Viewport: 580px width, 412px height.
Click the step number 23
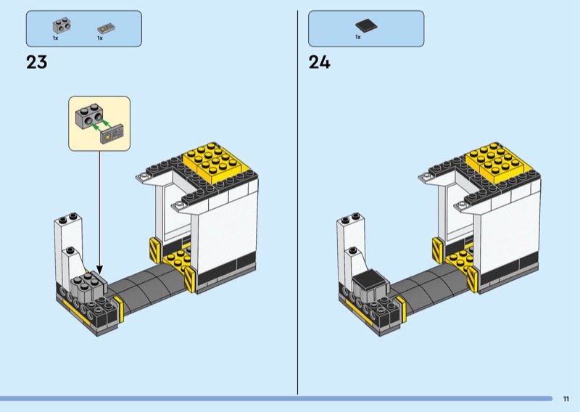pyautogui.click(x=37, y=62)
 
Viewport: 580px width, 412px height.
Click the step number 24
pyautogui.click(x=319, y=62)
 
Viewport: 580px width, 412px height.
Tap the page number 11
pyautogui.click(x=566, y=399)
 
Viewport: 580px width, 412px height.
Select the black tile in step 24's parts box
pyautogui.click(x=366, y=26)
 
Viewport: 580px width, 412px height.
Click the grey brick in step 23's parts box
pyautogui.click(x=62, y=26)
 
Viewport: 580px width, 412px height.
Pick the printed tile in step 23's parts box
pyautogui.click(x=106, y=29)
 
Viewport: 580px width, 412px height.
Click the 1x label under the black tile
pyautogui.click(x=357, y=37)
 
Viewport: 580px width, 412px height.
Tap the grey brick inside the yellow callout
pyautogui.click(x=89, y=116)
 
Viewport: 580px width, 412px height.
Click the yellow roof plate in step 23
pyautogui.click(x=214, y=162)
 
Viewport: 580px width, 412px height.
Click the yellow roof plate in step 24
pyautogui.click(x=497, y=162)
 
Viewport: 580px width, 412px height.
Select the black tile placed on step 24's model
pyautogui.click(x=368, y=279)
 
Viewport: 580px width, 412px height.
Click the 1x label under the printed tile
pyautogui.click(x=100, y=38)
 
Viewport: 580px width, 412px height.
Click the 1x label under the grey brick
pyautogui.click(x=56, y=38)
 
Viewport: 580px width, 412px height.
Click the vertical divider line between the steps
pyautogui.click(x=297, y=202)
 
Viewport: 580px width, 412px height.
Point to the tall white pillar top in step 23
pyautogui.click(x=68, y=219)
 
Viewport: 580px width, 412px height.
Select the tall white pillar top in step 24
pyautogui.click(x=351, y=219)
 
